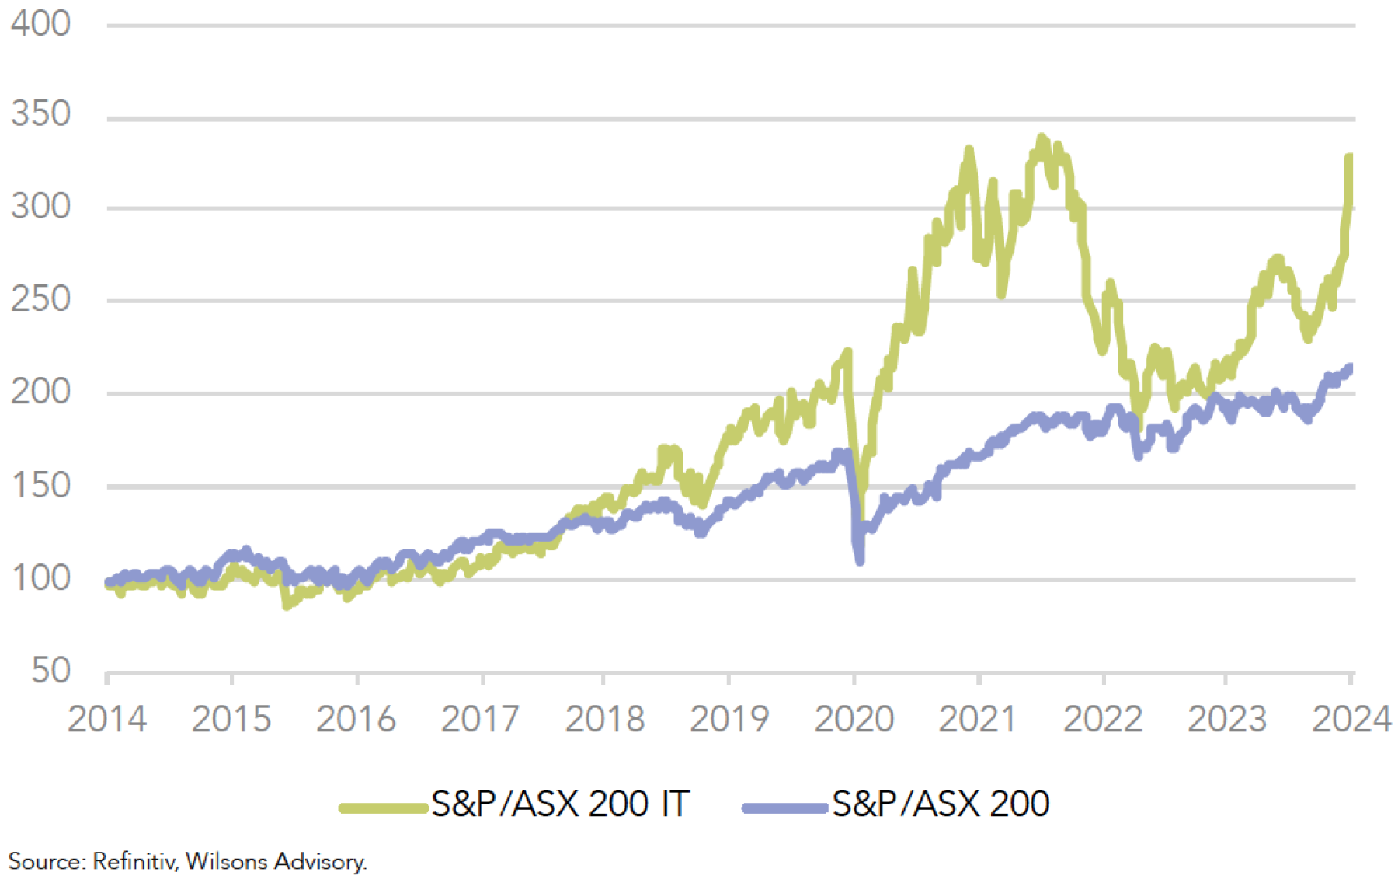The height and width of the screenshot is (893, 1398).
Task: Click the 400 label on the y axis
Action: [40, 24]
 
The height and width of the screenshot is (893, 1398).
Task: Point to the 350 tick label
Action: [40, 114]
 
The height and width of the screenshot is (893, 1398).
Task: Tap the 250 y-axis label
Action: [40, 299]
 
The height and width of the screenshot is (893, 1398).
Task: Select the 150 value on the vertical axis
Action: [40, 486]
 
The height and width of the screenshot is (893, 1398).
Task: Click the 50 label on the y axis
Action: [50, 671]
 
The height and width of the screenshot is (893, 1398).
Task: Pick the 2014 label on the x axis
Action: [106, 719]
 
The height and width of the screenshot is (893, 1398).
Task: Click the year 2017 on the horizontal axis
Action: [480, 719]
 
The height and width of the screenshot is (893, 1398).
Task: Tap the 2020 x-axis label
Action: [854, 719]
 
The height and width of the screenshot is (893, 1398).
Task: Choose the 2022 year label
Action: [1103, 719]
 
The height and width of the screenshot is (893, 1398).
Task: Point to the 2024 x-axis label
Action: [1351, 719]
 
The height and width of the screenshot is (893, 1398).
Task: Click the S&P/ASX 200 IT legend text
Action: [560, 804]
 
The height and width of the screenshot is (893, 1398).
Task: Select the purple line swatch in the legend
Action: [784, 808]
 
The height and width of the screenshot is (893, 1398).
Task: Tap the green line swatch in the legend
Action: [384, 808]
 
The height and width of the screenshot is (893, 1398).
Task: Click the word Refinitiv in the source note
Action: [134, 862]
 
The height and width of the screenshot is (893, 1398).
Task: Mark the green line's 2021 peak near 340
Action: [1042, 138]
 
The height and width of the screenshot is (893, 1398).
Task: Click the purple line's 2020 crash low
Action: [859, 559]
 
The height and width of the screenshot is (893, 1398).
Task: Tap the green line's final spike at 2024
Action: [1349, 158]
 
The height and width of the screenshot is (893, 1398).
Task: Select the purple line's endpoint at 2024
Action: [1350, 368]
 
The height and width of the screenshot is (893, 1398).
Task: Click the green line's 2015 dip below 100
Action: [287, 605]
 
